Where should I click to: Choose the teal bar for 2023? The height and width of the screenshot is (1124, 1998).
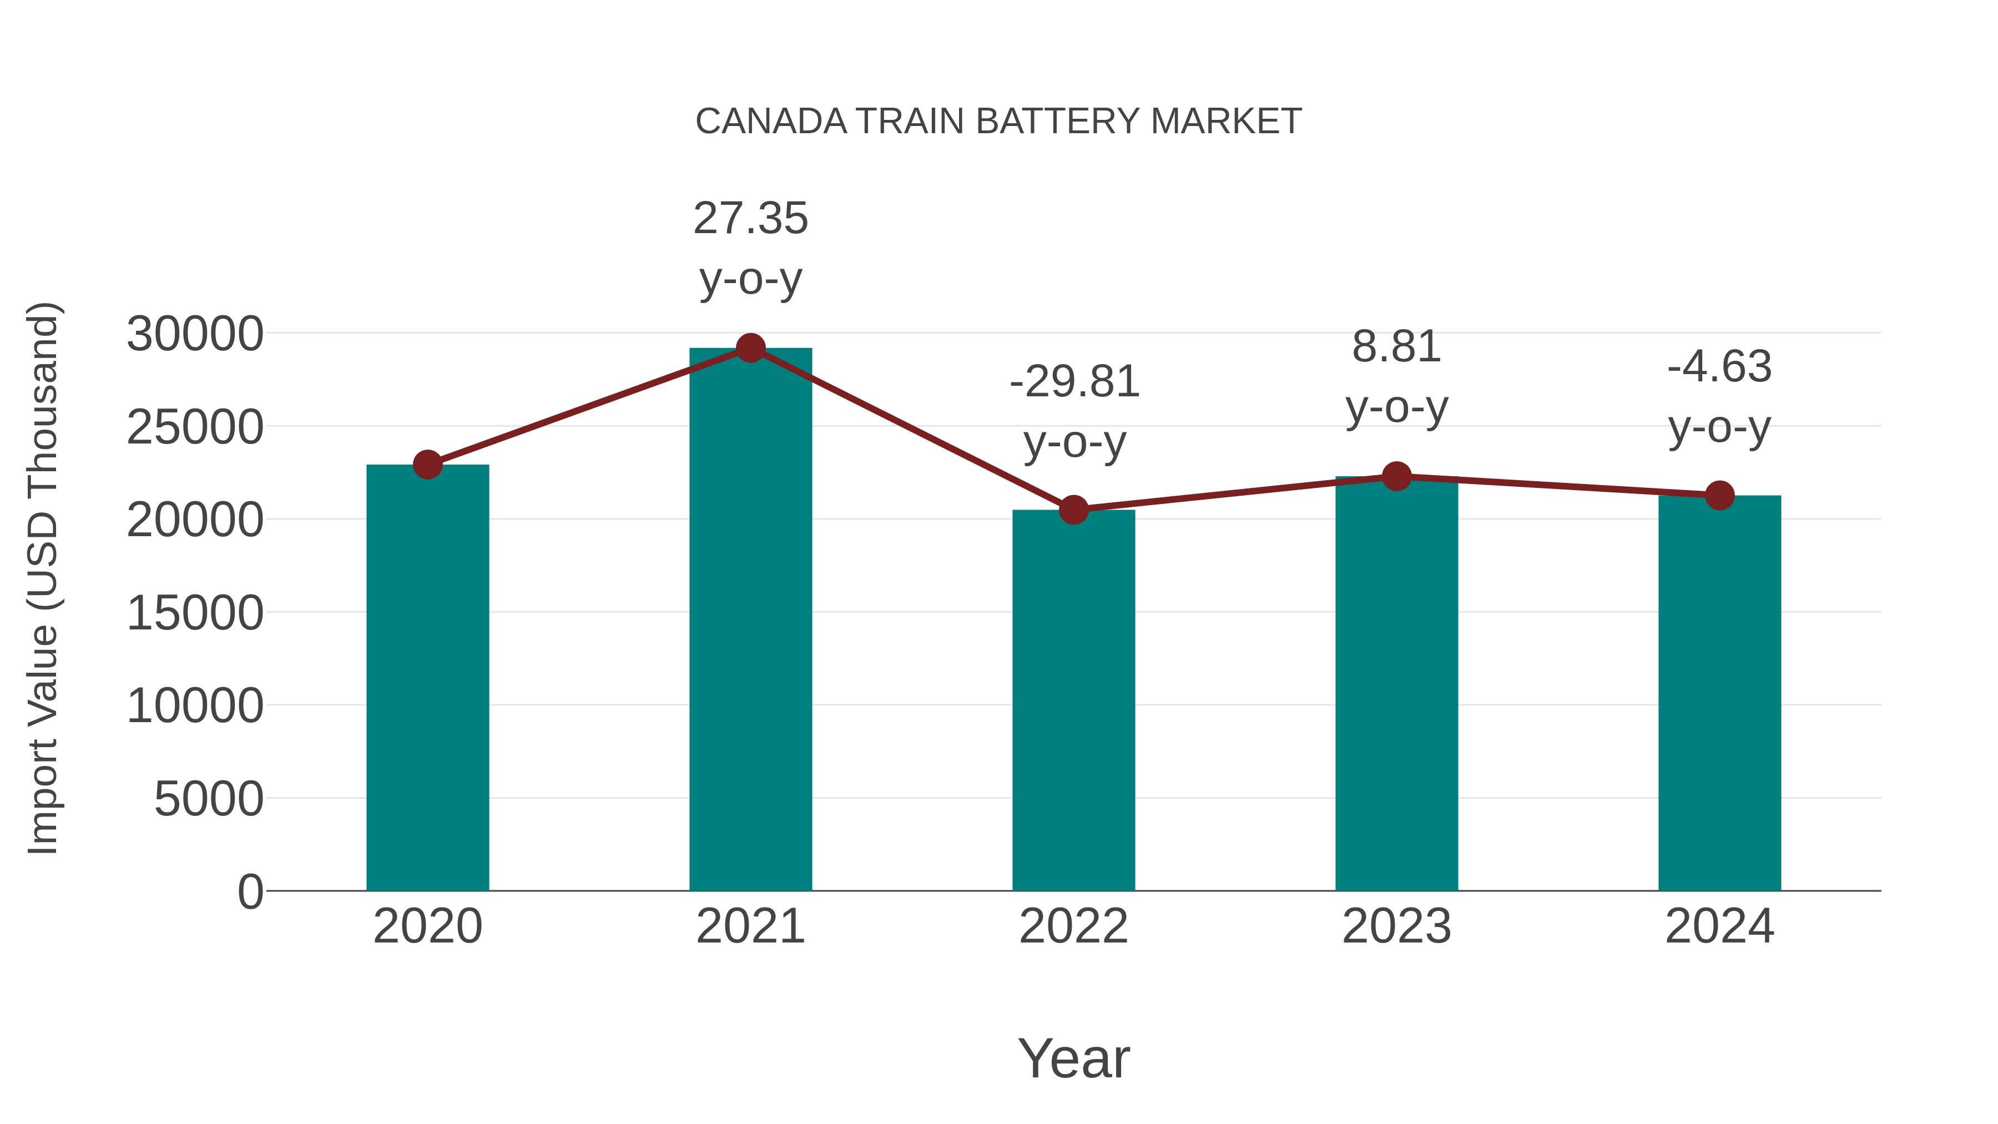point(1396,683)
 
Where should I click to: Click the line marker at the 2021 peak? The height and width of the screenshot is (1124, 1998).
point(750,348)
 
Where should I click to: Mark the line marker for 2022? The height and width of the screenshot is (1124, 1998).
point(1073,510)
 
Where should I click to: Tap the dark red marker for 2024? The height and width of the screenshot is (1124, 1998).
point(1719,495)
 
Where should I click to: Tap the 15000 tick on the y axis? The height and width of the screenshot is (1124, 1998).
point(195,613)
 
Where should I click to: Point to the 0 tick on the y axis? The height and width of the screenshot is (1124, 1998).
point(250,891)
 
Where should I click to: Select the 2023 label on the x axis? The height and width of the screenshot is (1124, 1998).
point(1396,926)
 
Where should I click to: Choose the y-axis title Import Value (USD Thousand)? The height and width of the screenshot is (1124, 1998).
point(43,578)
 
